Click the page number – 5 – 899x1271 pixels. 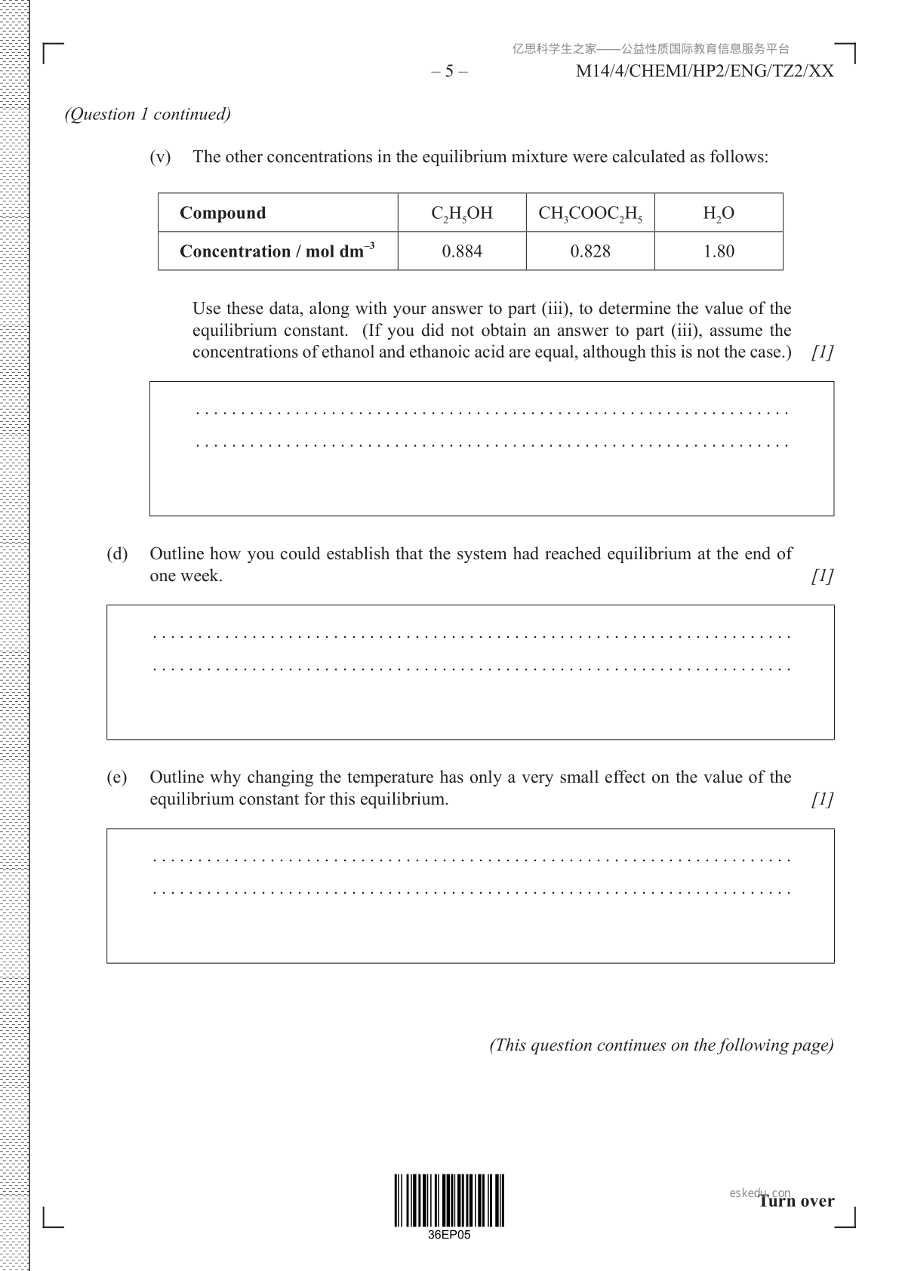449,72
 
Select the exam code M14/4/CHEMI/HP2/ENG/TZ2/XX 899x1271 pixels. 704,72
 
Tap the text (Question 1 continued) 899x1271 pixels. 148,114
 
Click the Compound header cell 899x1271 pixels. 223,213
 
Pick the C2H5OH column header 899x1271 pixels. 462,214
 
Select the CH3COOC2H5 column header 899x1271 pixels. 590,214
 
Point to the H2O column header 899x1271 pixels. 719,214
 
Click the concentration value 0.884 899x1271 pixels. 462,251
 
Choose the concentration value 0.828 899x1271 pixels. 590,251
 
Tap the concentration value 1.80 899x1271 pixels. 719,251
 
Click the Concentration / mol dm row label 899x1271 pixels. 277,251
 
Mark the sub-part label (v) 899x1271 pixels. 161,157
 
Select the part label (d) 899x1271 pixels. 117,554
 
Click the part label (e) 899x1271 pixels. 117,777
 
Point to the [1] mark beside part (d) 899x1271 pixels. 822,576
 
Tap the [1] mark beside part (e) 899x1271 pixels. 822,799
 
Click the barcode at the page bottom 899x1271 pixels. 448,1200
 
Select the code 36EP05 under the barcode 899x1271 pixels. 448,1236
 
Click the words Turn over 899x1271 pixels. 797,1201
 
